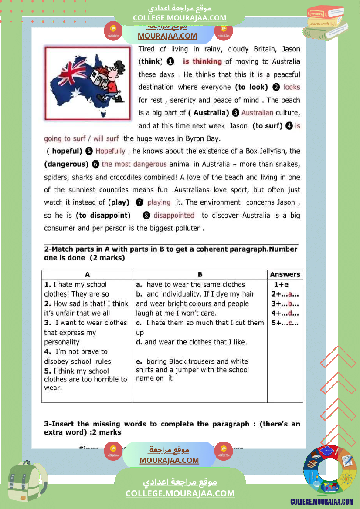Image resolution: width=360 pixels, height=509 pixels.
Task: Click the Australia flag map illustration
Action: pos(88,83)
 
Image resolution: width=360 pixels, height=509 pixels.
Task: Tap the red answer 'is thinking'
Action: pos(202,62)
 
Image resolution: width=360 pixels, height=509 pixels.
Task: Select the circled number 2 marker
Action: pos(275,87)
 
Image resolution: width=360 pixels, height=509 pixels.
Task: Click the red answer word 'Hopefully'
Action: pos(110,152)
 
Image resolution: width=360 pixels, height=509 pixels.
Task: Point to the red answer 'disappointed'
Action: pos(173,216)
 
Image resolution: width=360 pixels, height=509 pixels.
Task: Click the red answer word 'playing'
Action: pos(159,202)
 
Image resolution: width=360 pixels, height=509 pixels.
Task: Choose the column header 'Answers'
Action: pos(285,275)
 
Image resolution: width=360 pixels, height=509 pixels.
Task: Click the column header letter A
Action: pos(87,275)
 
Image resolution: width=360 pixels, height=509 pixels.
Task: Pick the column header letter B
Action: pos(200,275)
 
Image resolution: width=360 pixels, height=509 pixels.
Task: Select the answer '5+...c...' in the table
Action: pos(285,323)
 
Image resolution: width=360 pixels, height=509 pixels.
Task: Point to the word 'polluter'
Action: pos(186,228)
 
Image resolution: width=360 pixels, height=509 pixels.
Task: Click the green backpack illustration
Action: pos(27,482)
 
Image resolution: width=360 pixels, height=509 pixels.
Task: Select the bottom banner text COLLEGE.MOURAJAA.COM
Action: pos(180,493)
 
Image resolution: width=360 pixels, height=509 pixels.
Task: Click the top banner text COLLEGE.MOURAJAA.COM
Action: pos(180,18)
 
